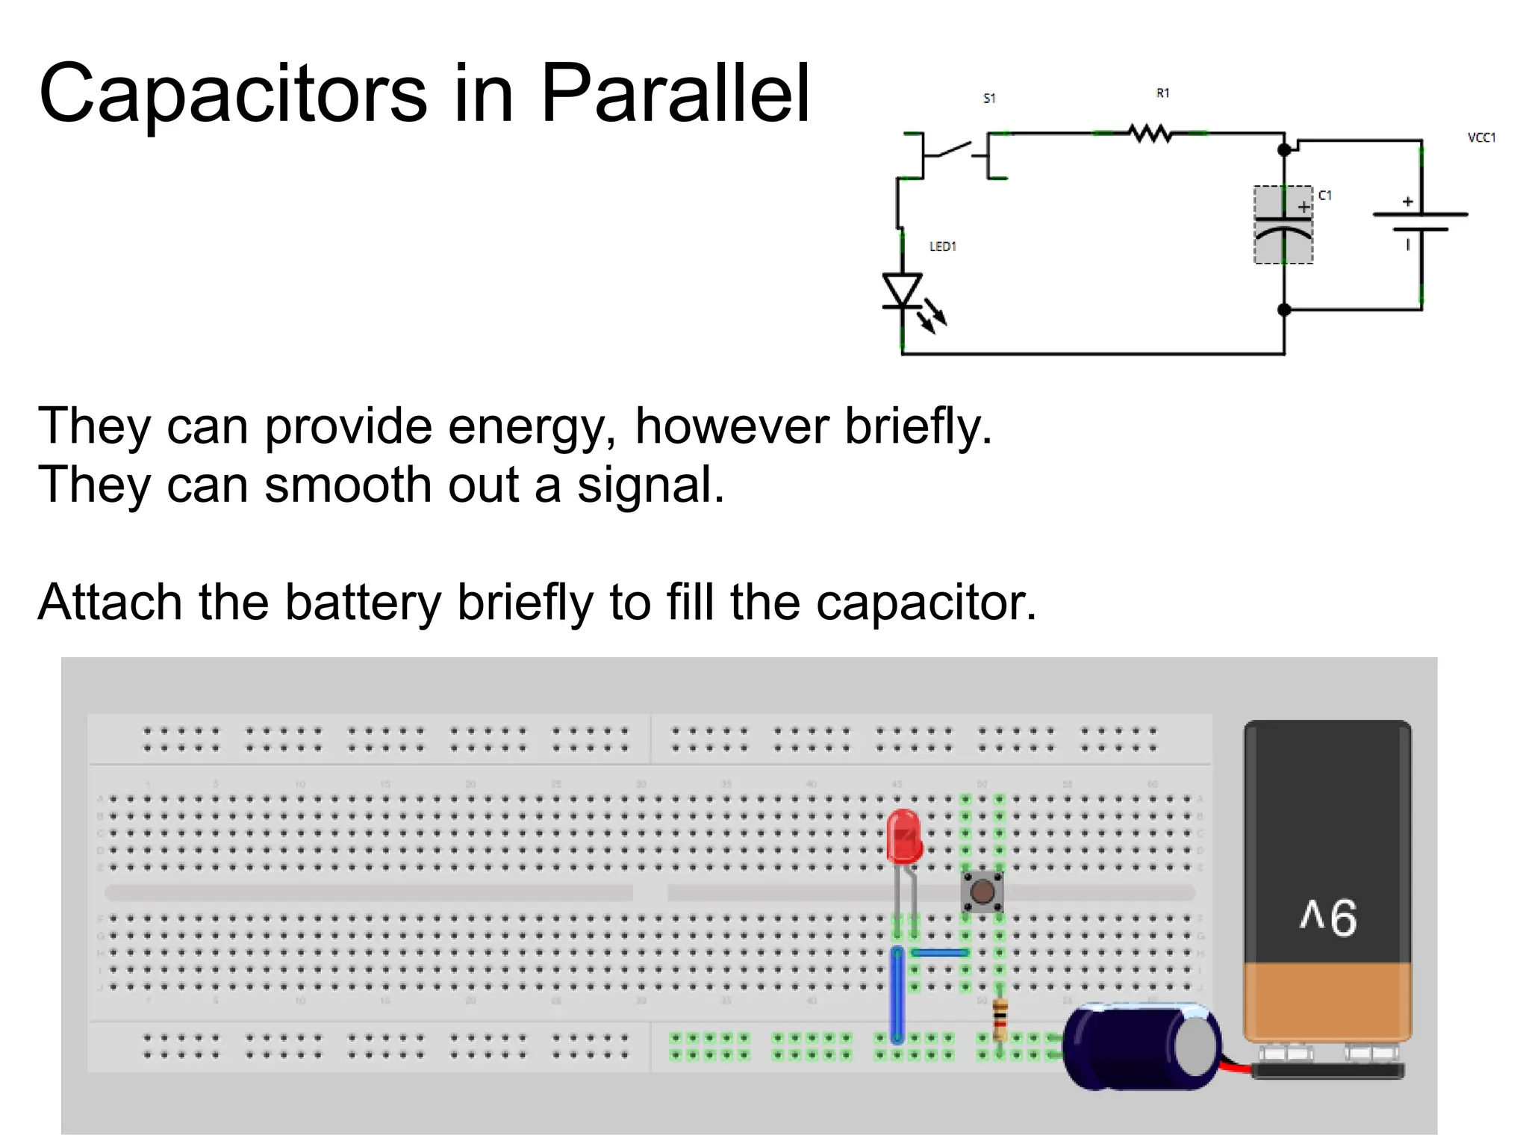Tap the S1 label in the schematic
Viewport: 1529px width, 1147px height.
(x=989, y=98)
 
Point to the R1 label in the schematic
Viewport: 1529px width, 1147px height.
(x=1162, y=93)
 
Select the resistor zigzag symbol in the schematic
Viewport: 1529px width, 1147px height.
(x=1150, y=134)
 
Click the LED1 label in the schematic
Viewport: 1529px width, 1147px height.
(x=942, y=246)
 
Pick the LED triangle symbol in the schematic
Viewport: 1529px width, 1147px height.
(x=903, y=290)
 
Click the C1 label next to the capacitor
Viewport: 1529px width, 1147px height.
(x=1324, y=196)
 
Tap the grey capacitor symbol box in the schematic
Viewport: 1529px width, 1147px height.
(x=1283, y=225)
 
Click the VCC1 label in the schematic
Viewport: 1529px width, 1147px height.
(x=1481, y=137)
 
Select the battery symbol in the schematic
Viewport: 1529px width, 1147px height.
(x=1420, y=222)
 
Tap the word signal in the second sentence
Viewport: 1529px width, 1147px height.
(x=650, y=485)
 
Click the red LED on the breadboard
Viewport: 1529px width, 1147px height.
(x=904, y=836)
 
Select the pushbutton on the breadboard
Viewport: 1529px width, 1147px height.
(x=982, y=891)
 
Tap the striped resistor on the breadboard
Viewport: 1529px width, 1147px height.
(x=1000, y=1018)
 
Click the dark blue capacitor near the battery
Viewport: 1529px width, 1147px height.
(x=1142, y=1045)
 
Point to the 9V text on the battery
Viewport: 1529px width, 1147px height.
(x=1328, y=916)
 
